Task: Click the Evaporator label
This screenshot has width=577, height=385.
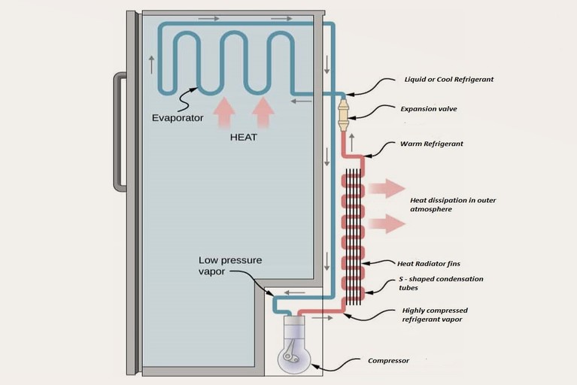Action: [x=178, y=118]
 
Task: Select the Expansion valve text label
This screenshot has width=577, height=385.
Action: [x=428, y=109]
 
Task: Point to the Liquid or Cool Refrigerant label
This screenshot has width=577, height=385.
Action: [x=448, y=79]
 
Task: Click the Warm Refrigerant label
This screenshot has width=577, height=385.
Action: [x=433, y=144]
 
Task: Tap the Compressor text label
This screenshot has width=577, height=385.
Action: [x=389, y=361]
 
